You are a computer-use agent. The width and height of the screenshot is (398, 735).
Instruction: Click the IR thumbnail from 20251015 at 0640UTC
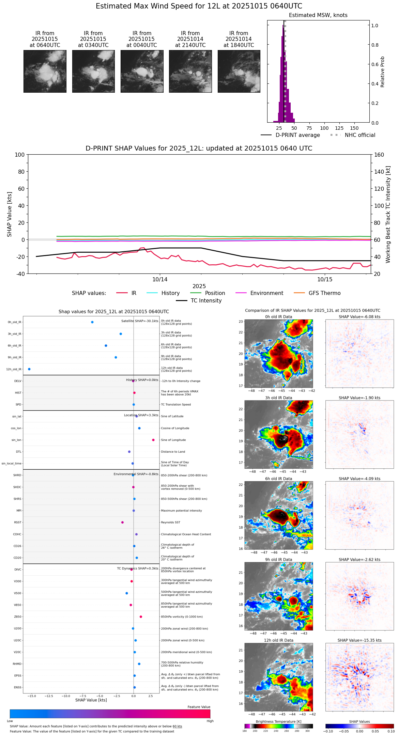coord(45,71)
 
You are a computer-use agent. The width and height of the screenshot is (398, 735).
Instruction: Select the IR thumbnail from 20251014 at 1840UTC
coord(239,71)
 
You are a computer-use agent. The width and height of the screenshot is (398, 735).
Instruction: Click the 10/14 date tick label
coord(160,280)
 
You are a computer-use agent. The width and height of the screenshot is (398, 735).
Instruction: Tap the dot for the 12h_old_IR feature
coord(29,369)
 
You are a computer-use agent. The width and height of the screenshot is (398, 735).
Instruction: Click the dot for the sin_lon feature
coord(153,440)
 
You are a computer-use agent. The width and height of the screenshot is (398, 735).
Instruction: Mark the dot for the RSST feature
coord(122,522)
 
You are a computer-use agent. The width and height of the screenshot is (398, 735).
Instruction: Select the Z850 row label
coord(18,617)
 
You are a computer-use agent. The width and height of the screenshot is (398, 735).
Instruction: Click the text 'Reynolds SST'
coord(170,522)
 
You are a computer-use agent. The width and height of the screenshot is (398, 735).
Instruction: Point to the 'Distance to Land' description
coord(173,452)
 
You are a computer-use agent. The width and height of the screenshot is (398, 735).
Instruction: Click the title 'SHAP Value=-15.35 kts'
coord(359,640)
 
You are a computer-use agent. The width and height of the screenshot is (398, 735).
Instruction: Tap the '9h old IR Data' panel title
coord(278,560)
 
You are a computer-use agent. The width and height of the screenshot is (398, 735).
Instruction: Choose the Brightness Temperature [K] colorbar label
coord(278,721)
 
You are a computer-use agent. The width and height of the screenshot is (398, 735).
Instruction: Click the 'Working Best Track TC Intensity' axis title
coord(388,215)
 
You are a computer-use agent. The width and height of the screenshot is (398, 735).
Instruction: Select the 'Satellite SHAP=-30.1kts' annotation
coord(140,321)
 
